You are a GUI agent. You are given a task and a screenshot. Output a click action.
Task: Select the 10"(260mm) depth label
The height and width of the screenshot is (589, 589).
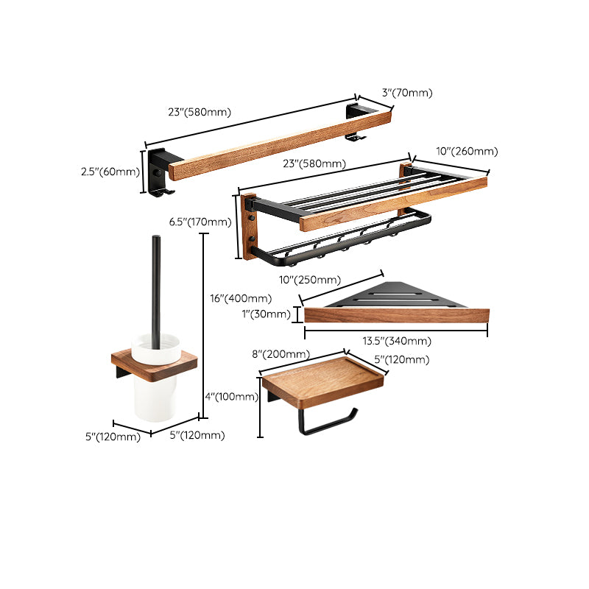coord(467,152)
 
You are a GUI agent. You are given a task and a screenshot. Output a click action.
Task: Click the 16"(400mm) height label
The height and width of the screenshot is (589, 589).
coord(241,300)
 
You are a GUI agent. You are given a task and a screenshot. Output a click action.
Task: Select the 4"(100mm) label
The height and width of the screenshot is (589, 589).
coord(232,397)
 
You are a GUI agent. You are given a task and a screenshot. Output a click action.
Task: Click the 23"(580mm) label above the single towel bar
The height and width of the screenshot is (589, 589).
coord(200,113)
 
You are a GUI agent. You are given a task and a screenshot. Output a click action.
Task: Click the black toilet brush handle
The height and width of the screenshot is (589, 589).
coord(157,287)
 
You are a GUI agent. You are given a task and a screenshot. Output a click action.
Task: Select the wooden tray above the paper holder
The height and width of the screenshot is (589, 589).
coord(324,379)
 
